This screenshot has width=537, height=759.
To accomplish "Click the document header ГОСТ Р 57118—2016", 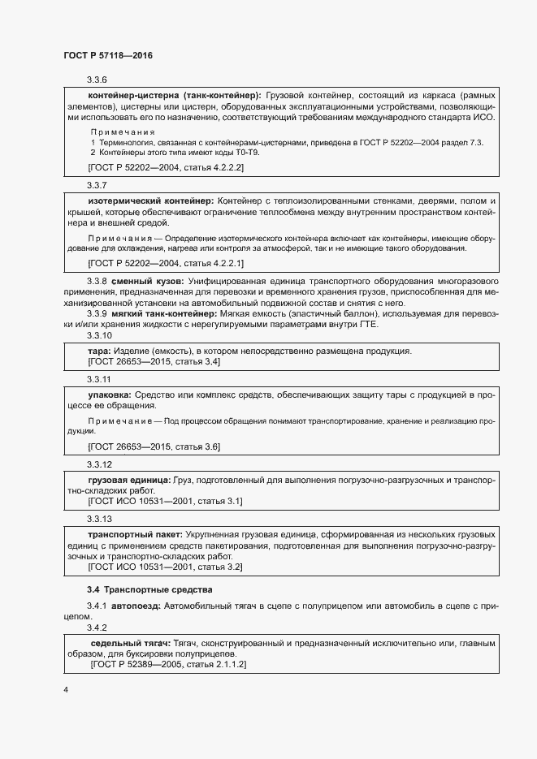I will pos(108,55).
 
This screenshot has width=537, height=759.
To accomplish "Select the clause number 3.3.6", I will pos(97,80).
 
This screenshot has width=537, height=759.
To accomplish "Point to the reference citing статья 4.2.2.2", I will pos(165,167).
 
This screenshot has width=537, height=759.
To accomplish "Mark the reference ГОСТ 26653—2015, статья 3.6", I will pos(154,447).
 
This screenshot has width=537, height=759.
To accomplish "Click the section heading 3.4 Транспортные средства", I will pos(149,589).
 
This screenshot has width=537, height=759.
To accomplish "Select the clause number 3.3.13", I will pos(99,519).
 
